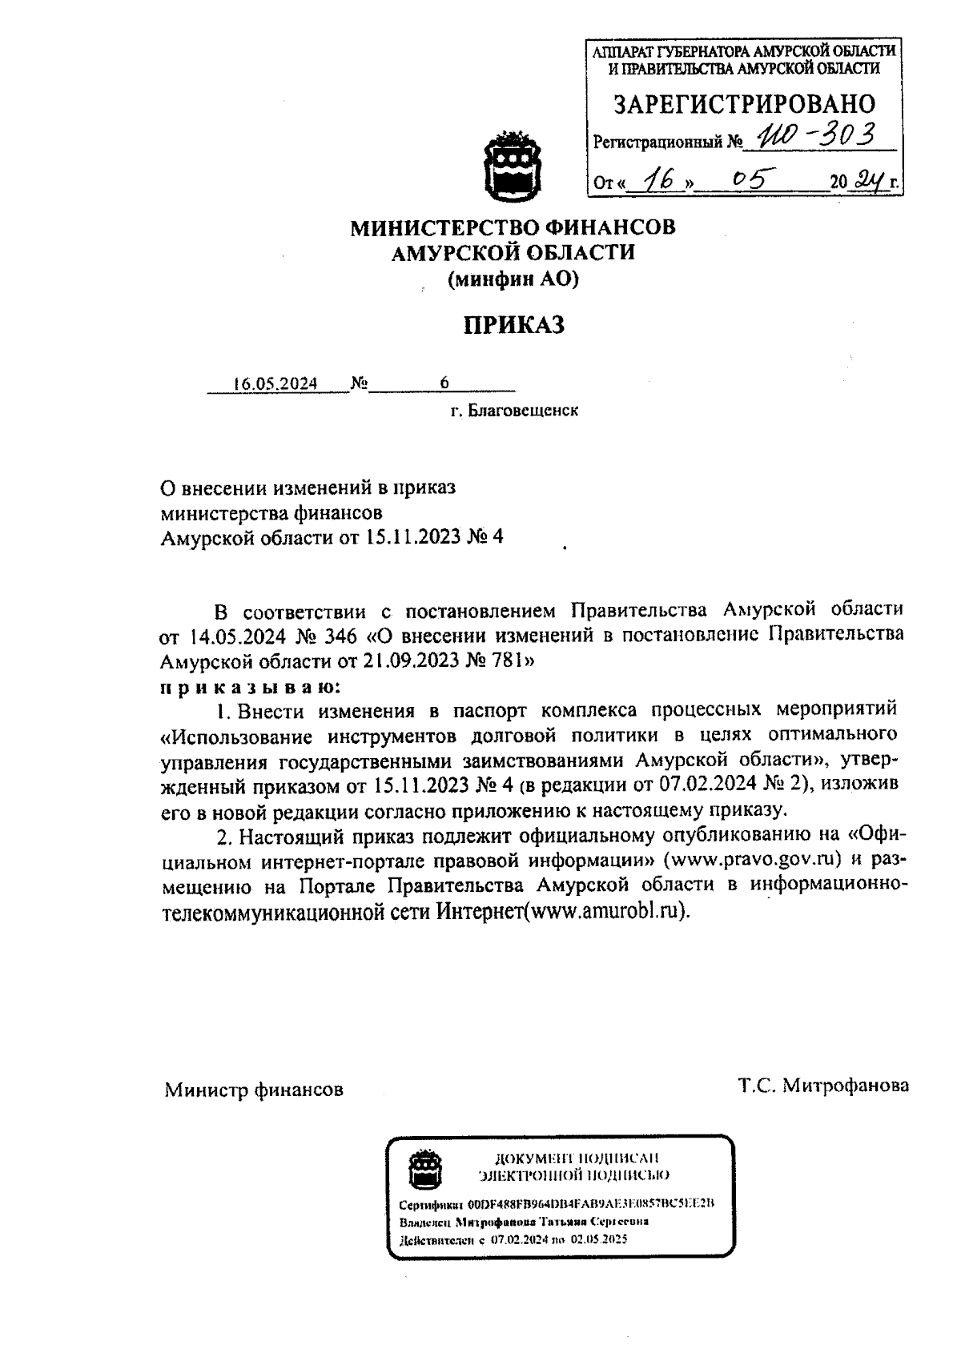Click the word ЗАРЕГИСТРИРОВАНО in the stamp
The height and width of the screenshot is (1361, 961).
[x=744, y=104]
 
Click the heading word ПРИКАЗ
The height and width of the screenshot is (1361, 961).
[x=513, y=324]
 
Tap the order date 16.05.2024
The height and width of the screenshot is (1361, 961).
[x=275, y=383]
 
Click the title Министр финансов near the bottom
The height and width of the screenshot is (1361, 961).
[x=254, y=1090]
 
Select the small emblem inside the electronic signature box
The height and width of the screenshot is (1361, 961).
[x=424, y=1170]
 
